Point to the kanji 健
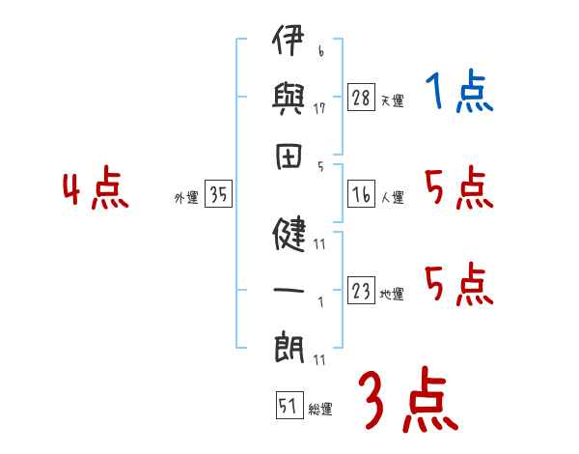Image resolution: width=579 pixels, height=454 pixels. pyautogui.click(x=289, y=234)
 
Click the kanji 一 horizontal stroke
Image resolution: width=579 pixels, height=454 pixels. pyautogui.click(x=289, y=289)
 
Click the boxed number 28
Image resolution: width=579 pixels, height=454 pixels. pyautogui.click(x=362, y=99)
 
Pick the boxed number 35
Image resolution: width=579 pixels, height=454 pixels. pyautogui.click(x=218, y=195)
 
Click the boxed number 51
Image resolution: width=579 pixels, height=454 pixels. pyautogui.click(x=288, y=407)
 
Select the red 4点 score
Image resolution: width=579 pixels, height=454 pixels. pyautogui.click(x=96, y=190)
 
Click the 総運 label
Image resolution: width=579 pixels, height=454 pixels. pyautogui.click(x=319, y=410)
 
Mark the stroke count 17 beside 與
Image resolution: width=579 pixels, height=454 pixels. pyautogui.click(x=319, y=109)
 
